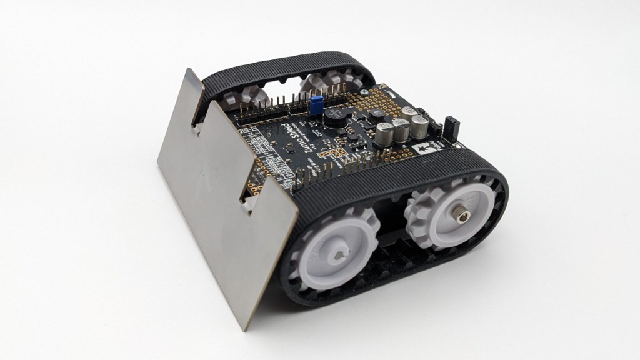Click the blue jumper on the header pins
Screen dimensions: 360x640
click(x=317, y=102)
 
